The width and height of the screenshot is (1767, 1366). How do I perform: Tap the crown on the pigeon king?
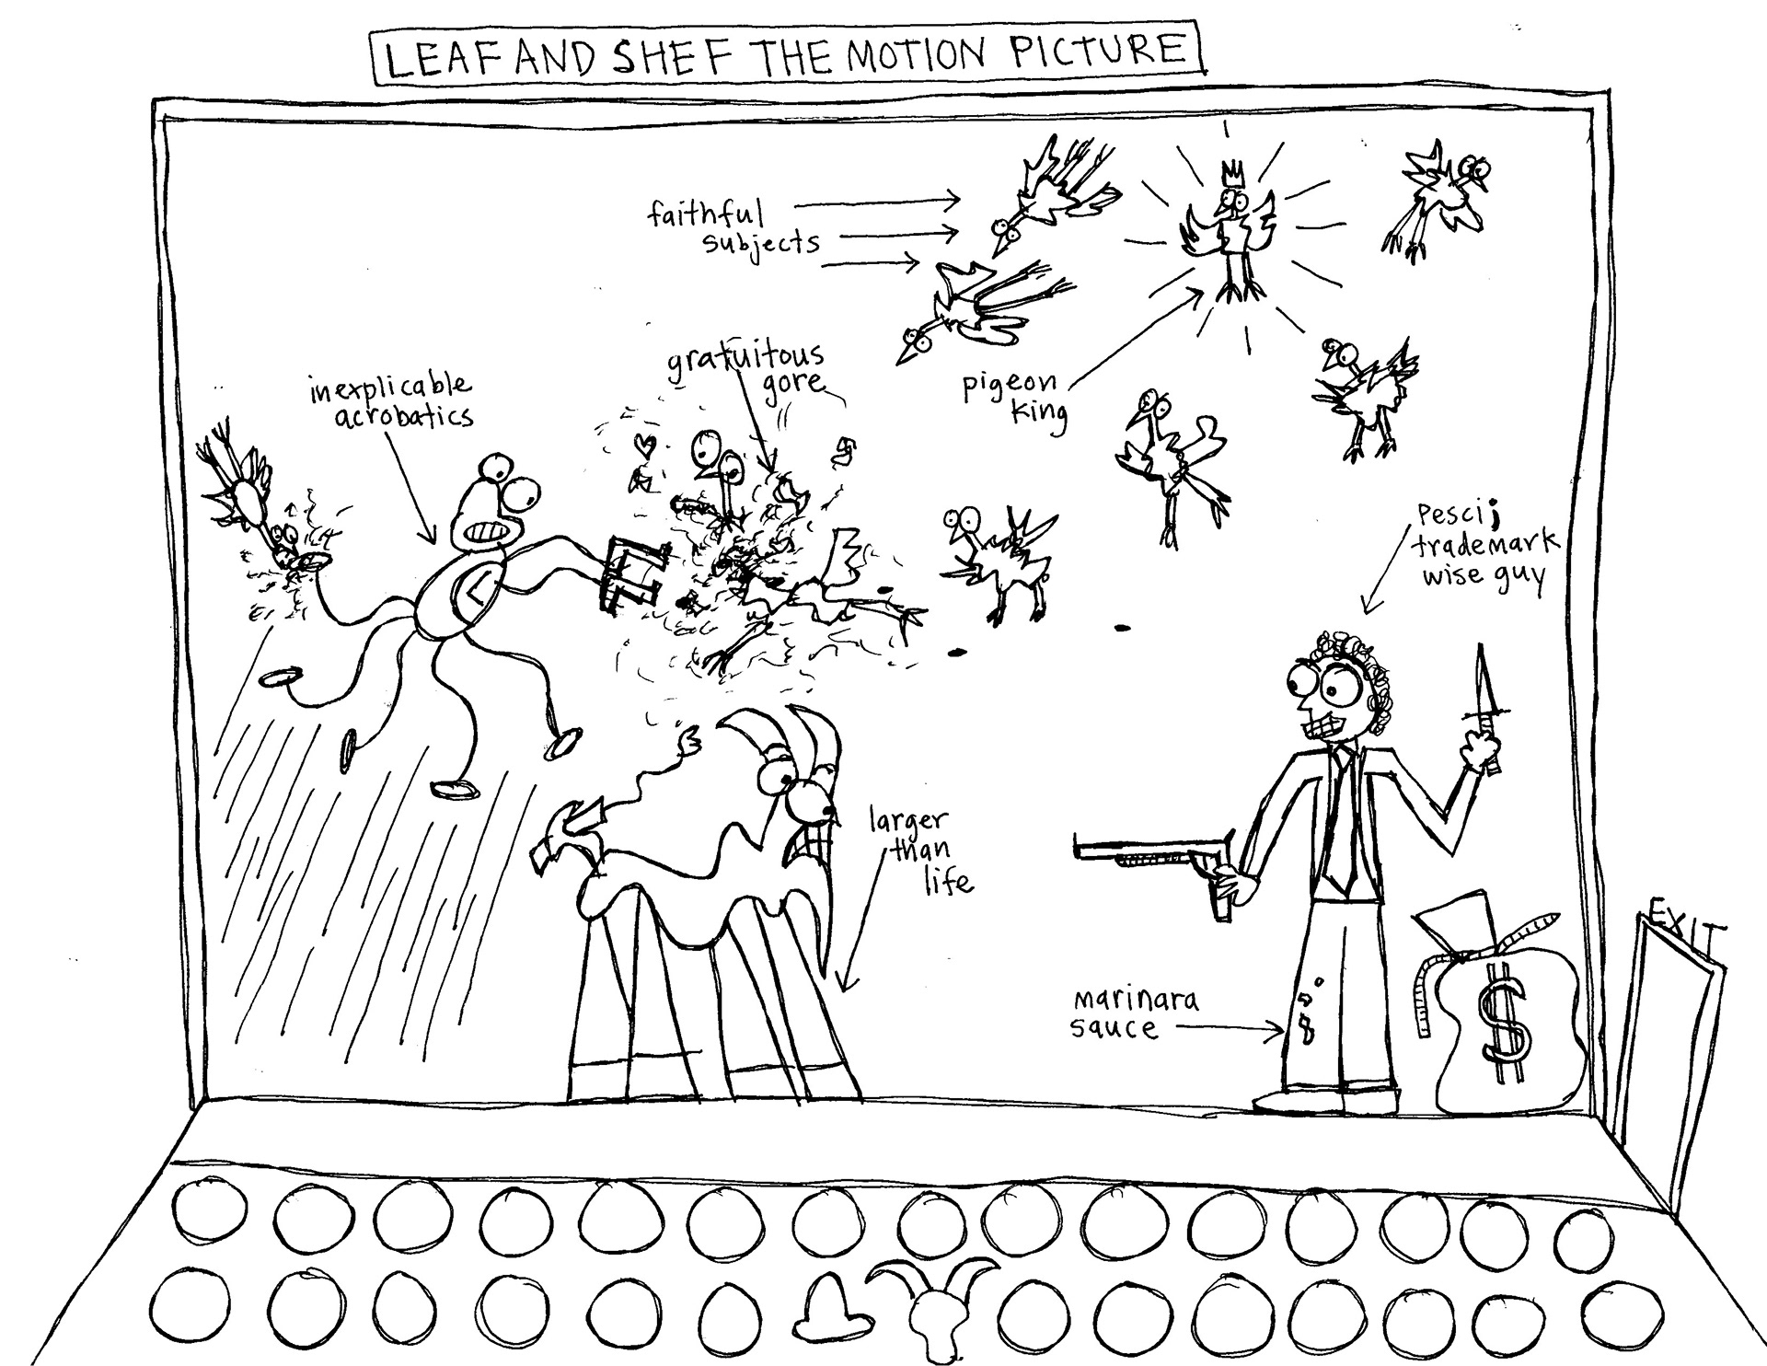click(1229, 176)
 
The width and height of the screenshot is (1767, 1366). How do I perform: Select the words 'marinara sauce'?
click(1134, 1013)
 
